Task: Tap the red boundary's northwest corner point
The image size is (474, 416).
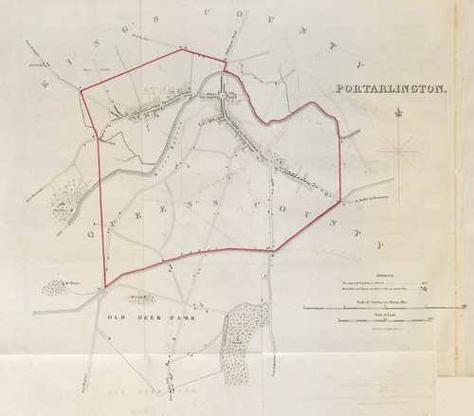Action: click(x=81, y=94)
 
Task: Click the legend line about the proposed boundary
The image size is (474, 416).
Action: click(x=379, y=280)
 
